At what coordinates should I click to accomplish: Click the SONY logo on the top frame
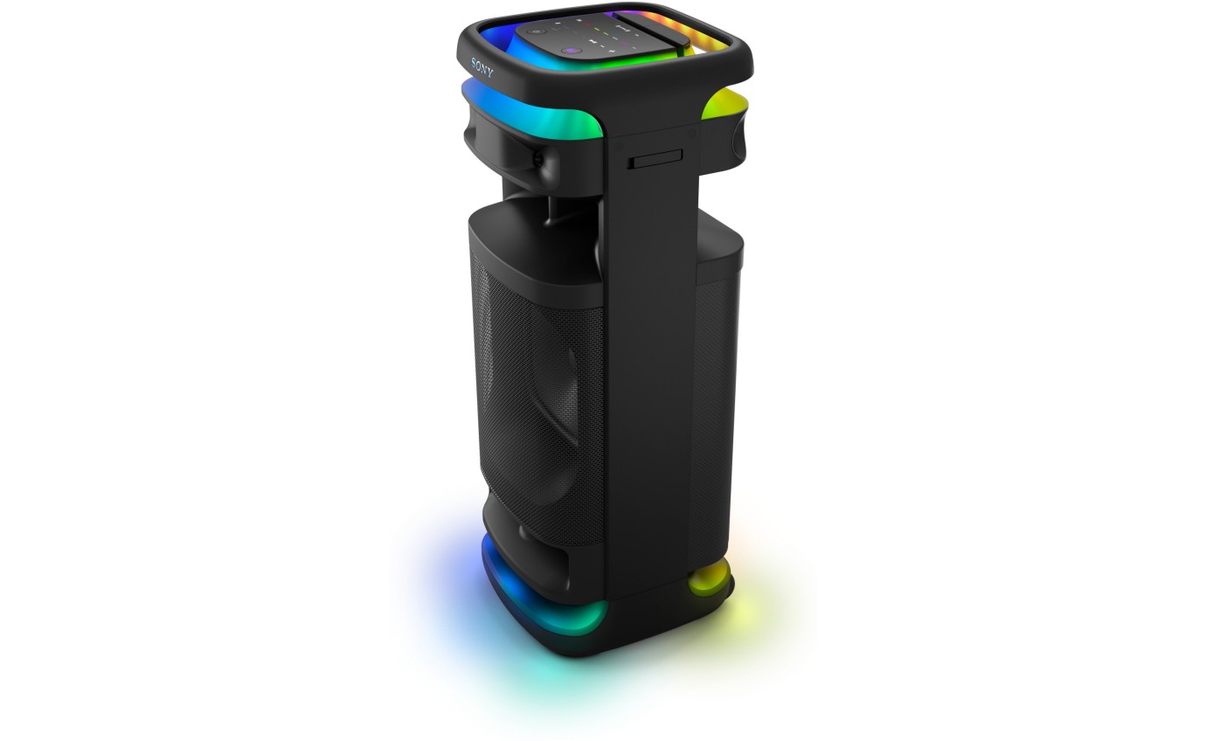[x=482, y=67]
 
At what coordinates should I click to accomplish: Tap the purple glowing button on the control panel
[x=570, y=51]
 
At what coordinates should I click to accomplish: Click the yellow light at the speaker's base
[x=709, y=578]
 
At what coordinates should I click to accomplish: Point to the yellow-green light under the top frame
[x=725, y=107]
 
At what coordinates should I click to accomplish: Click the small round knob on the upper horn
[x=538, y=159]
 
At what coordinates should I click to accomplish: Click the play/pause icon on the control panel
[x=593, y=42]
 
